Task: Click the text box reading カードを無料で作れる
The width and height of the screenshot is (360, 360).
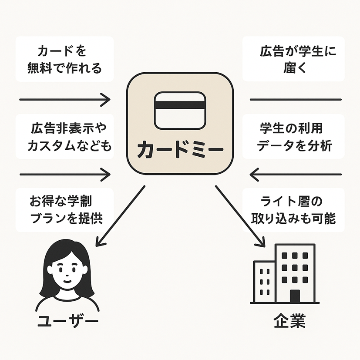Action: tap(64, 59)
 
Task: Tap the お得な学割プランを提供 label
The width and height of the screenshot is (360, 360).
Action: tap(64, 210)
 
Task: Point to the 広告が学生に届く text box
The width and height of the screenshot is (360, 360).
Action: tap(293, 59)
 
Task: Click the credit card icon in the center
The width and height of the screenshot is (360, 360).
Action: tap(180, 111)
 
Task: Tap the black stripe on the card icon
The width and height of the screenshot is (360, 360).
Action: tap(180, 105)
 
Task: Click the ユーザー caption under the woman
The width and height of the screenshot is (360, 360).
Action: tap(65, 322)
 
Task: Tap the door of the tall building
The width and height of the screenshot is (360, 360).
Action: tap(295, 296)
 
